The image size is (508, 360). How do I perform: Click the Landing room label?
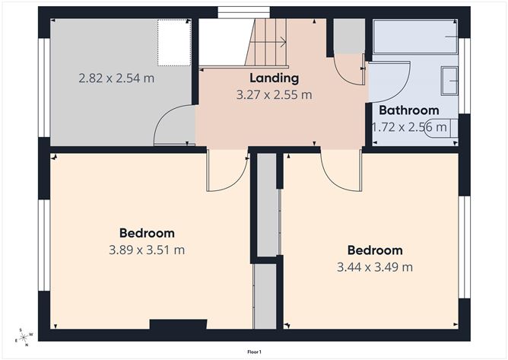[x=274, y=78]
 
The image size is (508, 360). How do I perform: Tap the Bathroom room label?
[x=409, y=110]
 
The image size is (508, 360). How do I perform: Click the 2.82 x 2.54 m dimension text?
[x=117, y=78]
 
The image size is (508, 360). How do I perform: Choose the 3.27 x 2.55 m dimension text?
[x=275, y=95]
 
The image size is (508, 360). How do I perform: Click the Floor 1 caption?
[x=254, y=352]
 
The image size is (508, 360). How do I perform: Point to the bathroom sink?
[x=451, y=79]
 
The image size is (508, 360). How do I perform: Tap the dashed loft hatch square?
[x=173, y=43]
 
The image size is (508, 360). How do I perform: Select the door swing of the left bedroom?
[x=227, y=171]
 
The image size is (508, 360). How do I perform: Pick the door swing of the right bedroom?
[x=339, y=170]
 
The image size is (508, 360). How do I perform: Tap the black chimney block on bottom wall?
[x=178, y=325]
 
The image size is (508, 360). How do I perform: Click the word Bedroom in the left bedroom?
[x=147, y=233]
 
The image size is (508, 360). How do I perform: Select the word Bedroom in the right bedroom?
[x=375, y=250]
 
